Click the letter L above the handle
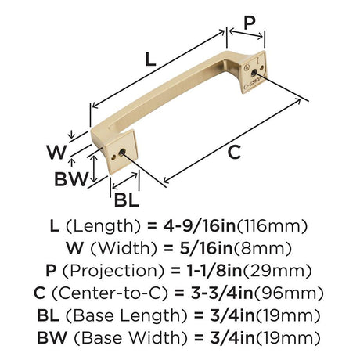[150, 59]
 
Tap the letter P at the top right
[250, 23]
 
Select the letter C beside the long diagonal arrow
[234, 152]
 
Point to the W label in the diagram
[56, 152]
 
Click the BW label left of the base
[71, 179]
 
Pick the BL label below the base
[127, 200]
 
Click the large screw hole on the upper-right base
[254, 74]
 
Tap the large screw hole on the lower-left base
[121, 152]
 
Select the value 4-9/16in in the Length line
[200, 226]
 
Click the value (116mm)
[272, 226]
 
